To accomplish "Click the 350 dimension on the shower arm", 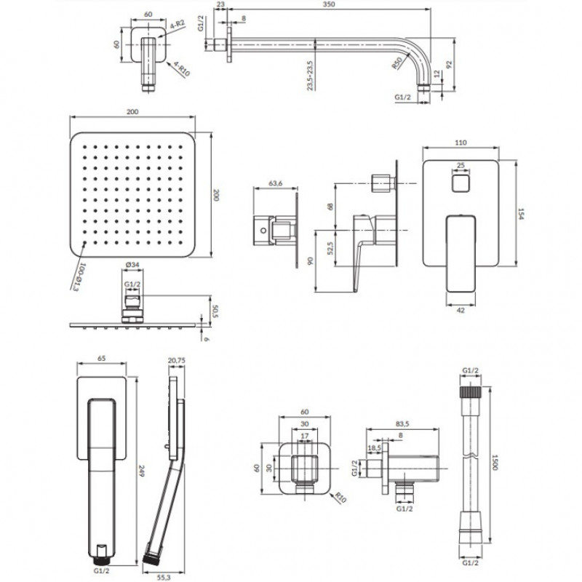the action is (329, 4).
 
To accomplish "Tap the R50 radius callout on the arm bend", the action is (397, 63).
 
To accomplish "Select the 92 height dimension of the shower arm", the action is (450, 64).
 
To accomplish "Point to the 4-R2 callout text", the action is (178, 25).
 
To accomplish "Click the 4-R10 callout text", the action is (182, 69).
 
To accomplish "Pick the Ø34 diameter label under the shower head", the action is (132, 265).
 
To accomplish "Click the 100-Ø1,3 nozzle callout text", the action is (79, 276).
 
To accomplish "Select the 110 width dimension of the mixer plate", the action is (461, 143).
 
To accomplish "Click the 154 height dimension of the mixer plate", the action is (520, 213).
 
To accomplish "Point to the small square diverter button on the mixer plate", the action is (461, 184).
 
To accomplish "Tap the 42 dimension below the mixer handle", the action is (461, 311).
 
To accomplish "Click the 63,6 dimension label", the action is (276, 183).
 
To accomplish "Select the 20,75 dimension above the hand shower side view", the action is (177, 360).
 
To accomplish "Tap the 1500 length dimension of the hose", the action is (495, 463).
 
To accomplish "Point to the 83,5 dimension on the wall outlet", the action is (402, 423).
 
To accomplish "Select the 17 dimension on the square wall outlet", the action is (304, 436).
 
